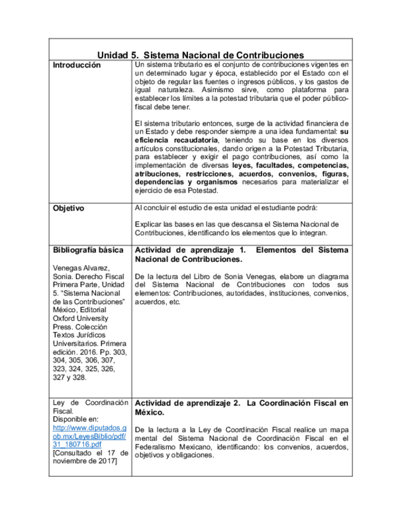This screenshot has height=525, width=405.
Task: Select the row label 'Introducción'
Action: coord(76,65)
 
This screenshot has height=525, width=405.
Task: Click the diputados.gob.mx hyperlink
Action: coord(90,436)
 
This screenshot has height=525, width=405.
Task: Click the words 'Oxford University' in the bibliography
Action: coord(80,318)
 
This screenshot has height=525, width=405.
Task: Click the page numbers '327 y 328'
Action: coord(70,376)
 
